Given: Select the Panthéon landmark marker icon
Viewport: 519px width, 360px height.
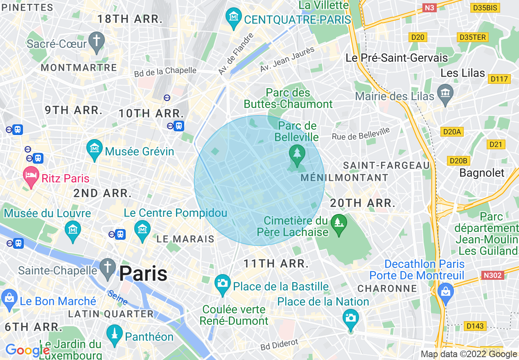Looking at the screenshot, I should click(x=115, y=335).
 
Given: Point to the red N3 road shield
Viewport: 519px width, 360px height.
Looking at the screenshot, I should click(x=429, y=8).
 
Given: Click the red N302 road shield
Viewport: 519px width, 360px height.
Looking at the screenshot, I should click(x=492, y=275).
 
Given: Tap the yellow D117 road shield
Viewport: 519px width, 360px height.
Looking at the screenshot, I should click(x=499, y=79).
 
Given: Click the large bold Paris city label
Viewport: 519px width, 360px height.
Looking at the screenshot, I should click(x=143, y=273).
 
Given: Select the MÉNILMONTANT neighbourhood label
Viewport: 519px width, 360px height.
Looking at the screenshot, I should click(x=344, y=178).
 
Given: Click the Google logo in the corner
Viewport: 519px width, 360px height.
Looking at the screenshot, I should click(x=27, y=351).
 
